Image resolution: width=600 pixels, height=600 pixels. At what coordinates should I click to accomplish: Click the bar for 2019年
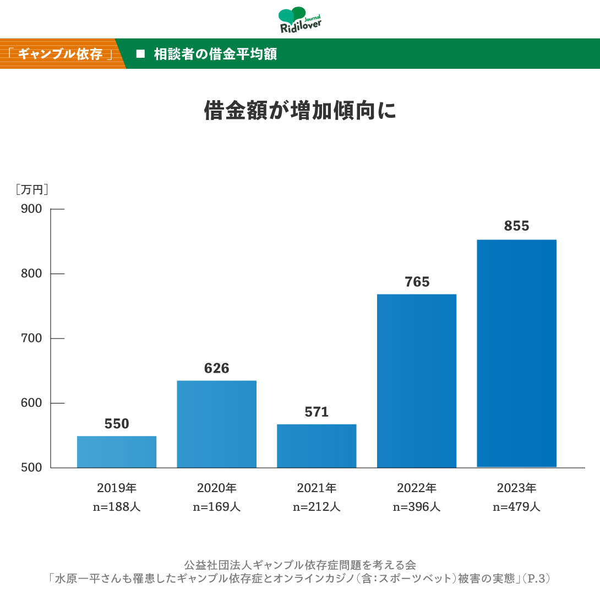point(117,452)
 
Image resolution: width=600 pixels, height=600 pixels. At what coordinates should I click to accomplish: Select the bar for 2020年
point(216,424)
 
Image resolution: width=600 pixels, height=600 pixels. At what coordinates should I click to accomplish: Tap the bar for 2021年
point(317,446)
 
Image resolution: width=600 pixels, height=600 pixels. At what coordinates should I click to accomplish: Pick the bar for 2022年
point(417,381)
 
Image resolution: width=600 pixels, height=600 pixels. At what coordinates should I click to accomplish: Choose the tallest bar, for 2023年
point(516,353)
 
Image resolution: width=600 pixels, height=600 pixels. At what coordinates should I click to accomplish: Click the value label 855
point(516,226)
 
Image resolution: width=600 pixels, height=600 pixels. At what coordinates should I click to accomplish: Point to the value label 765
point(417,282)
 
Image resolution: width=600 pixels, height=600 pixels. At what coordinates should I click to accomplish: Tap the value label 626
point(216,368)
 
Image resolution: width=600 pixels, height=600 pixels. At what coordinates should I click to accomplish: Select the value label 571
point(317,412)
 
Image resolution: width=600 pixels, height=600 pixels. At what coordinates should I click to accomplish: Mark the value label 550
point(117,424)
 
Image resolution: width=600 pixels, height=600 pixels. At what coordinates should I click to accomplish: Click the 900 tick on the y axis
point(31,209)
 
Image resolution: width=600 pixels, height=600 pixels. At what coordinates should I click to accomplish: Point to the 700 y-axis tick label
point(31,339)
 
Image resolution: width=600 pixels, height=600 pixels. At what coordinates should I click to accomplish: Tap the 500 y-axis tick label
point(31,468)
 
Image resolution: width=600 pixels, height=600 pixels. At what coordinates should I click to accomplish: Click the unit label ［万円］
point(32,190)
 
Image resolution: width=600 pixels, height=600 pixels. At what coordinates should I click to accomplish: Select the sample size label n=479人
point(516,507)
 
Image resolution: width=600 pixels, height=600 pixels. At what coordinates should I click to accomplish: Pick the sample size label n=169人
point(216,507)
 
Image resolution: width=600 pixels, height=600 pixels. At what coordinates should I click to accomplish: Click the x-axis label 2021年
point(317,488)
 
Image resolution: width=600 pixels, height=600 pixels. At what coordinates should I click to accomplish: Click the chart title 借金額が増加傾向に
point(300,110)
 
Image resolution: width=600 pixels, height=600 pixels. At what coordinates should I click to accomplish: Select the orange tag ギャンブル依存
point(61,54)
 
